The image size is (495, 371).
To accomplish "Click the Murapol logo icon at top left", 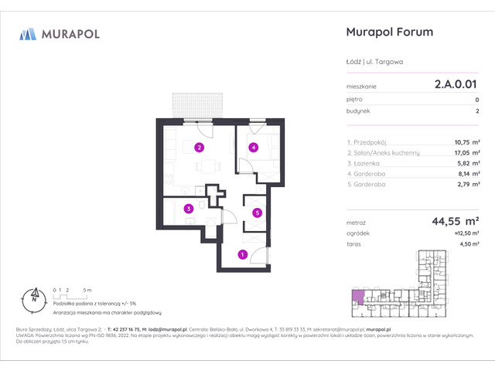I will (x=27, y=33).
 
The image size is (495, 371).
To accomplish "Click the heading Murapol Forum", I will (x=387, y=32).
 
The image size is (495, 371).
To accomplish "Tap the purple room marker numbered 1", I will (x=242, y=254).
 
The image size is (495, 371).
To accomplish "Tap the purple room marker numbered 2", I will (x=199, y=148).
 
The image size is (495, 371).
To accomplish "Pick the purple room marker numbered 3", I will (x=188, y=208).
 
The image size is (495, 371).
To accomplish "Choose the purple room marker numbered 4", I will (x=252, y=148).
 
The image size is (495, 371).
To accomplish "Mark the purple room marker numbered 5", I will (x=258, y=213).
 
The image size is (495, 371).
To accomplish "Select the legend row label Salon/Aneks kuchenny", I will (x=383, y=153).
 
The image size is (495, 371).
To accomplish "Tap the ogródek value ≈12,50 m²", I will (x=463, y=233).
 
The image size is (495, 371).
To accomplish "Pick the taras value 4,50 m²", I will (x=466, y=244).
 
